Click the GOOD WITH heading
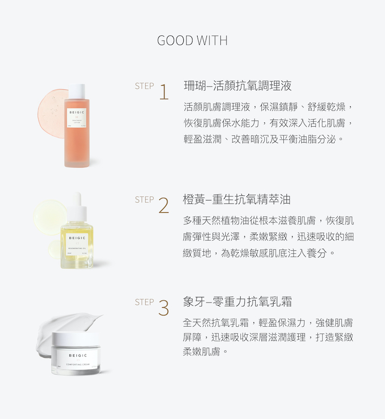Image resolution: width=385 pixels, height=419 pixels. (192, 41)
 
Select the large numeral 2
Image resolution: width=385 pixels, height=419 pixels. (164, 205)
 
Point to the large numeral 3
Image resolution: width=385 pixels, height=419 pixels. (164, 308)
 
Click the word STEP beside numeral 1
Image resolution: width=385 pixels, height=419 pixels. (144, 86)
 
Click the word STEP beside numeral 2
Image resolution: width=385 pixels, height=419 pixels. (144, 199)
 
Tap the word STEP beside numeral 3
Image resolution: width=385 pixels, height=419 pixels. (144, 302)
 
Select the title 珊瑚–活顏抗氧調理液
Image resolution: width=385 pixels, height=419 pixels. (238, 85)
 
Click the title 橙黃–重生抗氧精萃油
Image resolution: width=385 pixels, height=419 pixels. (237, 199)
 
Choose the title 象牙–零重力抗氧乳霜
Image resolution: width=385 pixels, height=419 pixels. (238, 302)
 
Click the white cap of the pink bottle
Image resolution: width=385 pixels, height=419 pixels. (76, 90)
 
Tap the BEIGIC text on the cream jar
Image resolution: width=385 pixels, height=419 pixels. (77, 355)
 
